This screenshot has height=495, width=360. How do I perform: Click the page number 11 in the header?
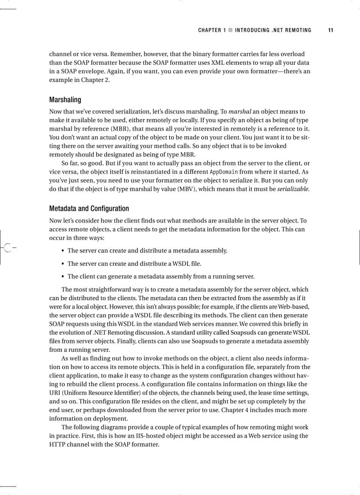click(330, 30)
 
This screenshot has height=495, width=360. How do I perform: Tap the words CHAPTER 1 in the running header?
click(212, 30)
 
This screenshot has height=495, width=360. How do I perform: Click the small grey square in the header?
click(230, 30)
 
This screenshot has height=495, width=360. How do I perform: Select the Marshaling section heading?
click(65, 100)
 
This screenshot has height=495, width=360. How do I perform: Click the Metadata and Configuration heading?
click(89, 208)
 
